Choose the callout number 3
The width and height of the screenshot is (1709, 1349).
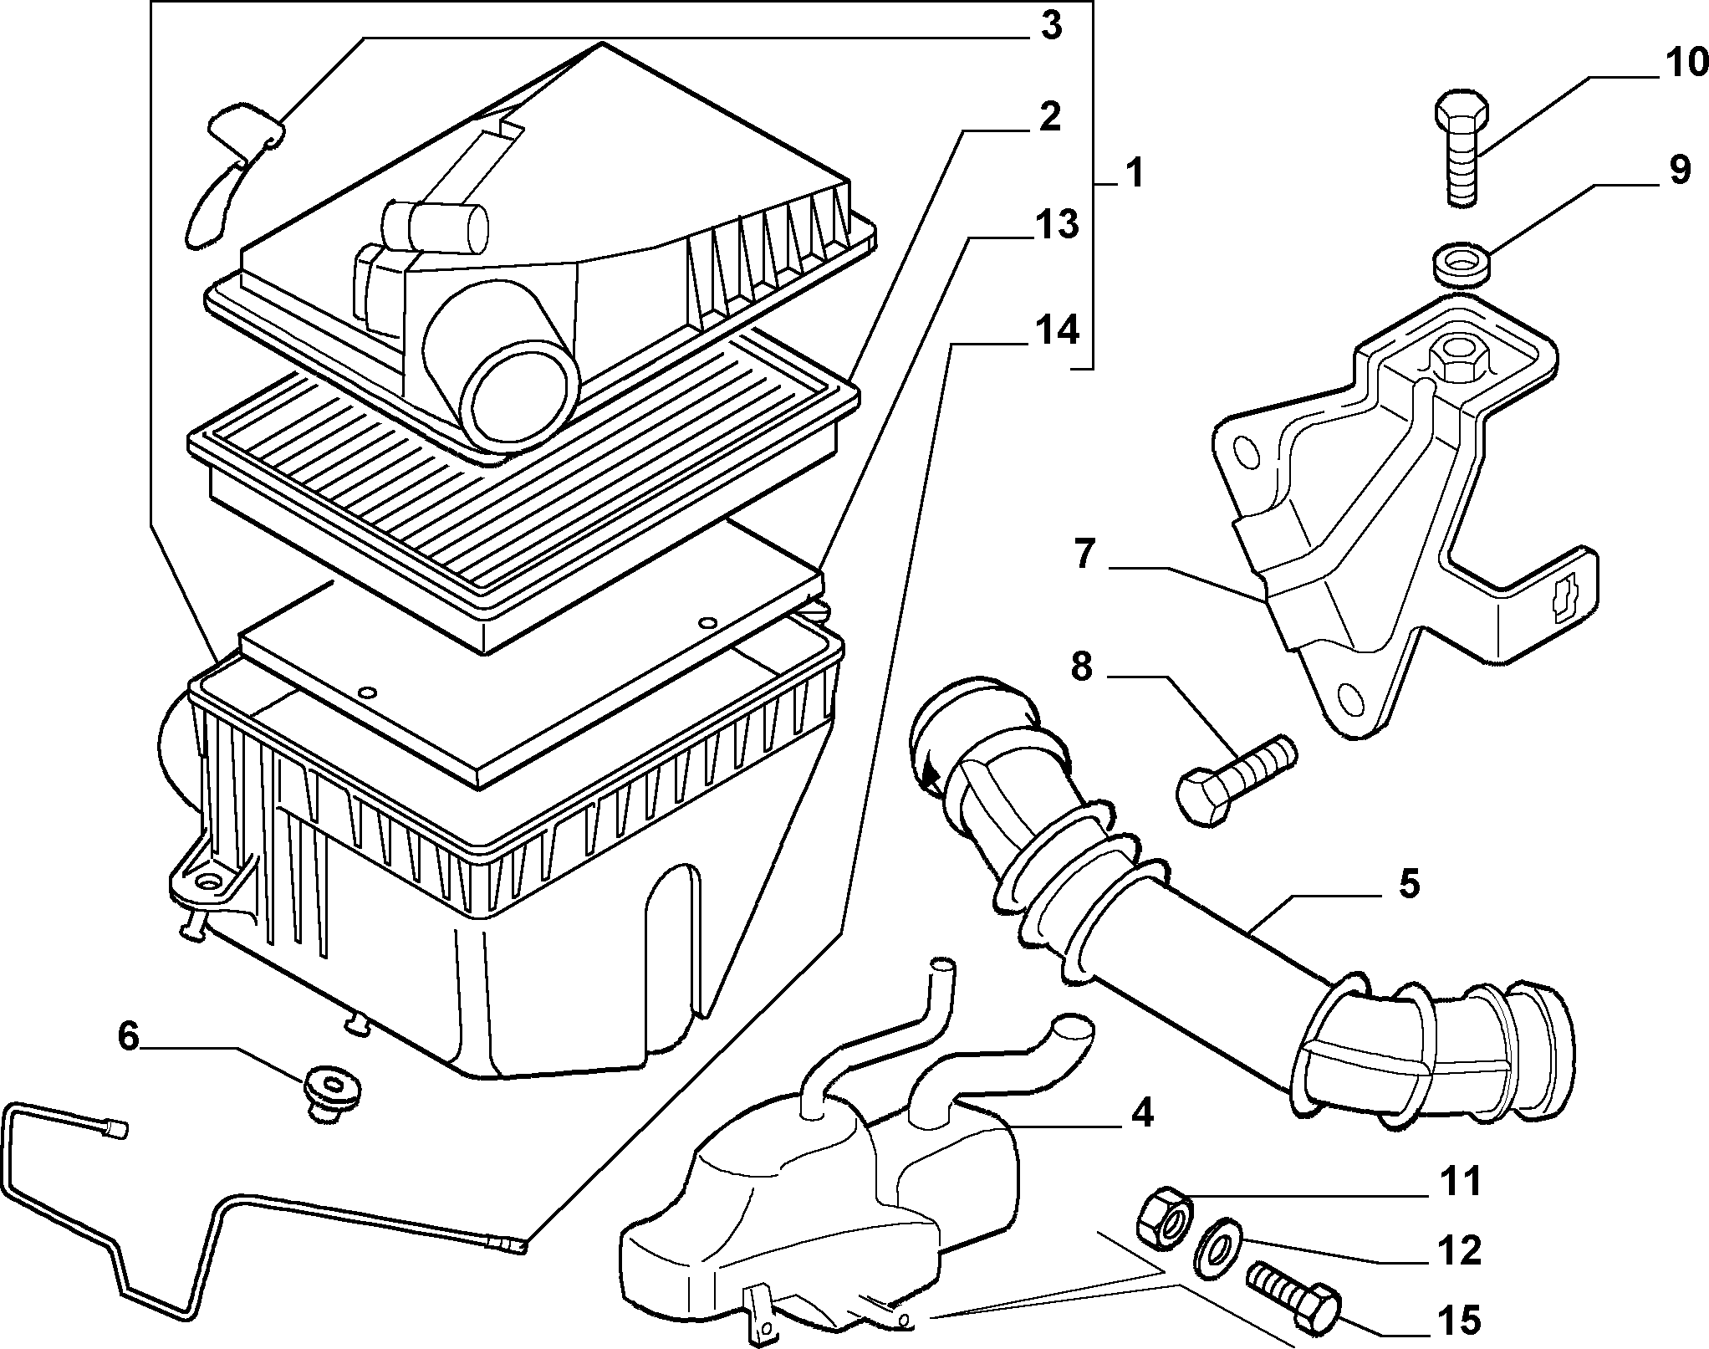pos(1051,26)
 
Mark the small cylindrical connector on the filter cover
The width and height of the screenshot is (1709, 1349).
pos(436,226)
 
